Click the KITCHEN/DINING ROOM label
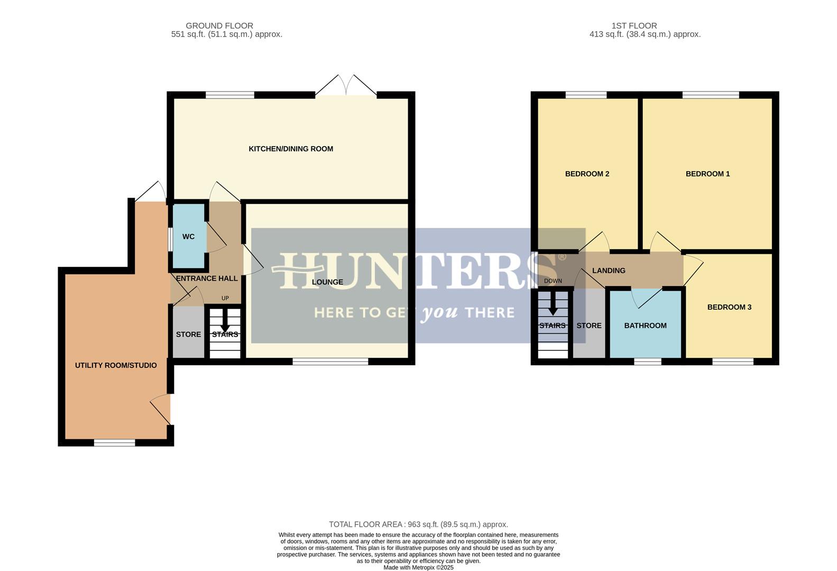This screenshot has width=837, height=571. [x=291, y=149]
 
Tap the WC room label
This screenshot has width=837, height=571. [x=188, y=237]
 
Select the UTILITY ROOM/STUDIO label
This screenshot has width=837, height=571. [x=116, y=365]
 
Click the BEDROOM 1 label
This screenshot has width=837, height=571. [x=707, y=174]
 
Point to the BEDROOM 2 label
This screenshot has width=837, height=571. [x=587, y=174]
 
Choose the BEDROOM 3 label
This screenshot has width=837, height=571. [x=729, y=307]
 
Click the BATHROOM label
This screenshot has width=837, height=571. [x=645, y=326]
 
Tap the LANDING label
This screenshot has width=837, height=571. [x=609, y=271]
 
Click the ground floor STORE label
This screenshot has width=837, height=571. [x=188, y=335]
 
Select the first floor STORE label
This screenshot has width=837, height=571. [x=588, y=326]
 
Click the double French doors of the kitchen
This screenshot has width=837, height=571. [x=346, y=87]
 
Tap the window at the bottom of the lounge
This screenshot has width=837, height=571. [x=330, y=362]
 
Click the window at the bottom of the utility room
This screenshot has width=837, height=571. [x=114, y=443]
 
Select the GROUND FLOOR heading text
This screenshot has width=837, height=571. [x=219, y=26]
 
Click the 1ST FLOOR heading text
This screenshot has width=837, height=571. [x=634, y=26]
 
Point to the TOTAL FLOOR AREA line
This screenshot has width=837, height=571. [x=418, y=524]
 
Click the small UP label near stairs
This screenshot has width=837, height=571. [x=225, y=298]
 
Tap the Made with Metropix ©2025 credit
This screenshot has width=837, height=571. [x=418, y=567]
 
